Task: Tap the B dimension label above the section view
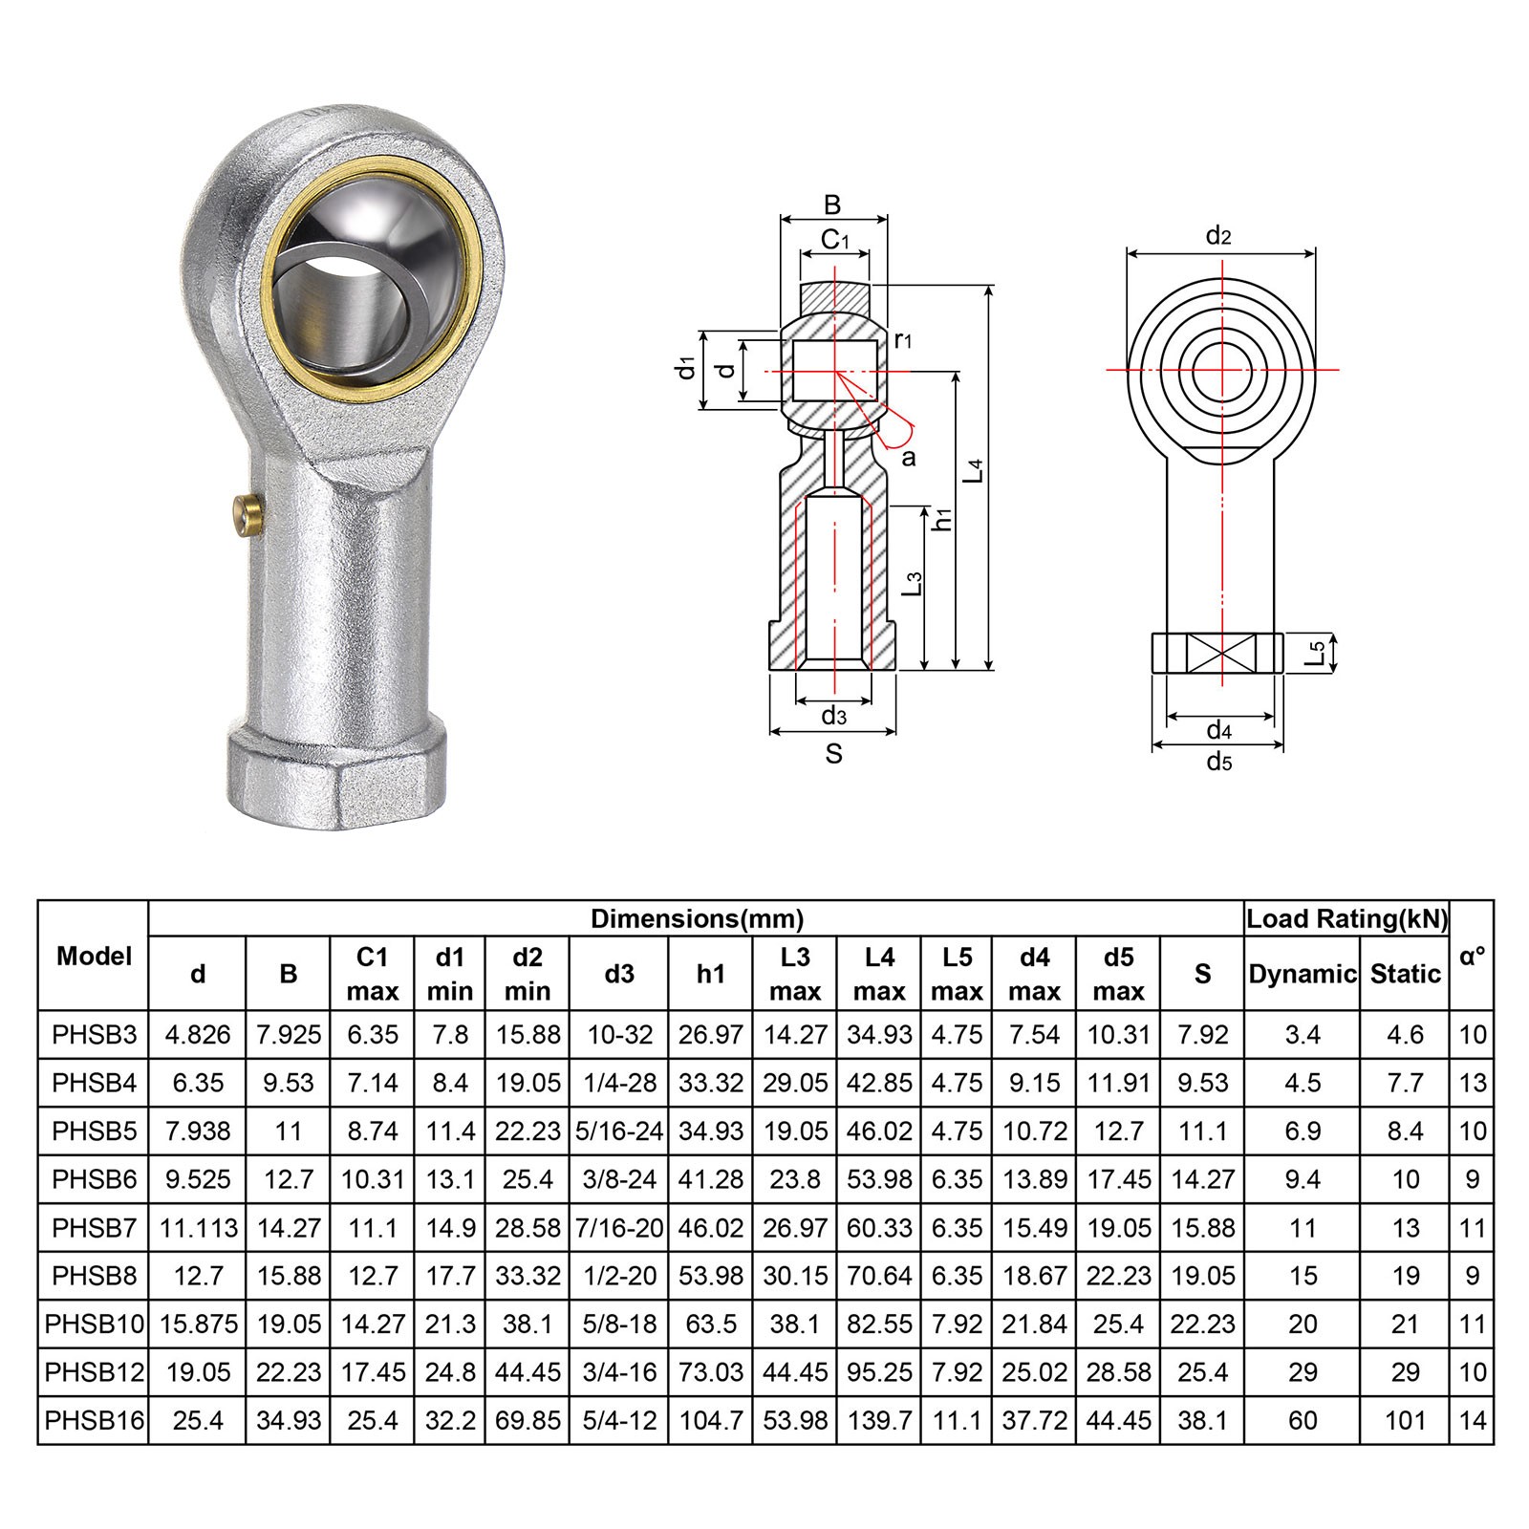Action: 832,205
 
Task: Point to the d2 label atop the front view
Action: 1217,235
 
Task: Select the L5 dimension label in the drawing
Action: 1316,654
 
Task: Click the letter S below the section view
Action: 833,754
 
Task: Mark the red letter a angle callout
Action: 908,457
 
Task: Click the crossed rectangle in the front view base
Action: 1218,655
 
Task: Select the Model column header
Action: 94,956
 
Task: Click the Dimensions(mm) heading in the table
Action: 697,919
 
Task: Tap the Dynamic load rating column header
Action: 1302,974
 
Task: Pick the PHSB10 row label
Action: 94,1324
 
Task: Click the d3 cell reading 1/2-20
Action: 619,1276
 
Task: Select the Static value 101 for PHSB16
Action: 1405,1420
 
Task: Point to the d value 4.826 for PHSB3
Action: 198,1035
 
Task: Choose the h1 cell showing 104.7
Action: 710,1420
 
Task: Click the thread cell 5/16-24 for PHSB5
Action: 619,1131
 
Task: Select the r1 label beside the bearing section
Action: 903,338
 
